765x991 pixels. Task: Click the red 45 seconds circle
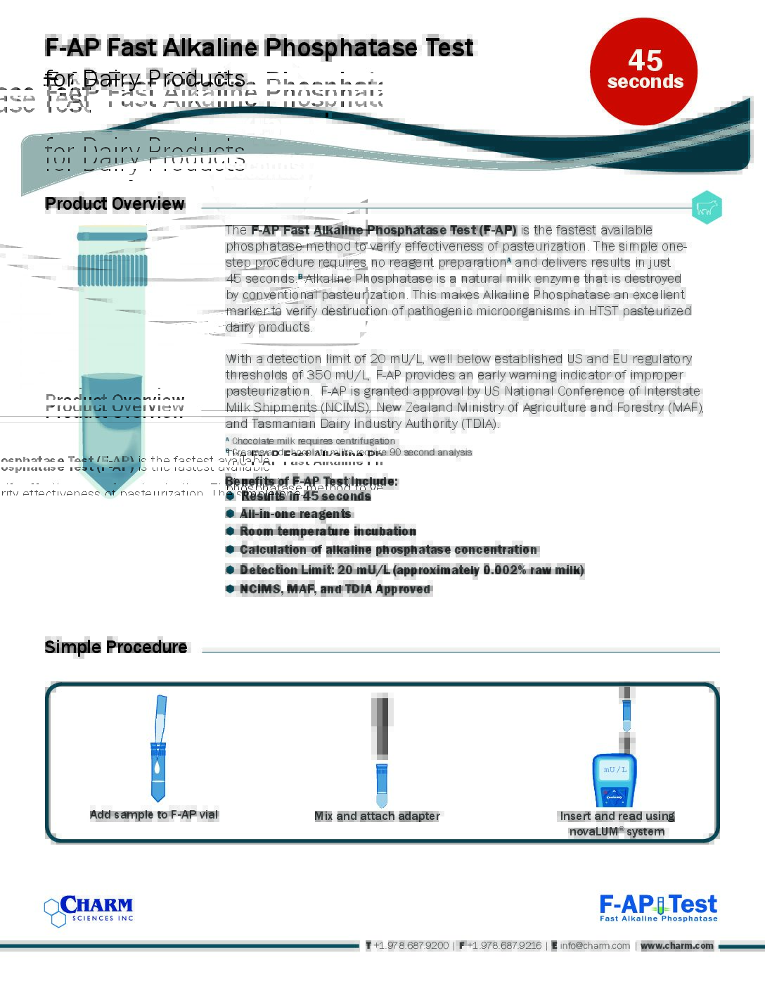(x=643, y=72)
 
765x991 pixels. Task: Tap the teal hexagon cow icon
(x=706, y=208)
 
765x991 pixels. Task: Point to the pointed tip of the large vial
(x=112, y=493)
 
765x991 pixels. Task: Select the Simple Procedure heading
(x=116, y=647)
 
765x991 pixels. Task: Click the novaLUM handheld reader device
(x=614, y=781)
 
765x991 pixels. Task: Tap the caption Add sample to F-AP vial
(x=154, y=814)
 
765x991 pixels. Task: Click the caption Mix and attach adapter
(x=377, y=816)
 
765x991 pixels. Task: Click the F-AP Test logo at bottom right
(x=658, y=907)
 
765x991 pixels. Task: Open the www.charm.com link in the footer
(x=676, y=945)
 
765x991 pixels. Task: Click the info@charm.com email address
(x=595, y=945)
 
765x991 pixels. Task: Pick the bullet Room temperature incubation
(x=328, y=531)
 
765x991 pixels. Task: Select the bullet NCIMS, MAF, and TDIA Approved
(x=335, y=589)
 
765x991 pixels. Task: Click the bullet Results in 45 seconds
(x=305, y=496)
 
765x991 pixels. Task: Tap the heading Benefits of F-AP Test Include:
(x=311, y=481)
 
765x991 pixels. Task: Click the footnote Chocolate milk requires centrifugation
(x=313, y=441)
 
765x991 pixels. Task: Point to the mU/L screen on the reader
(x=615, y=769)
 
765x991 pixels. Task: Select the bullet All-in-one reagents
(x=295, y=514)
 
